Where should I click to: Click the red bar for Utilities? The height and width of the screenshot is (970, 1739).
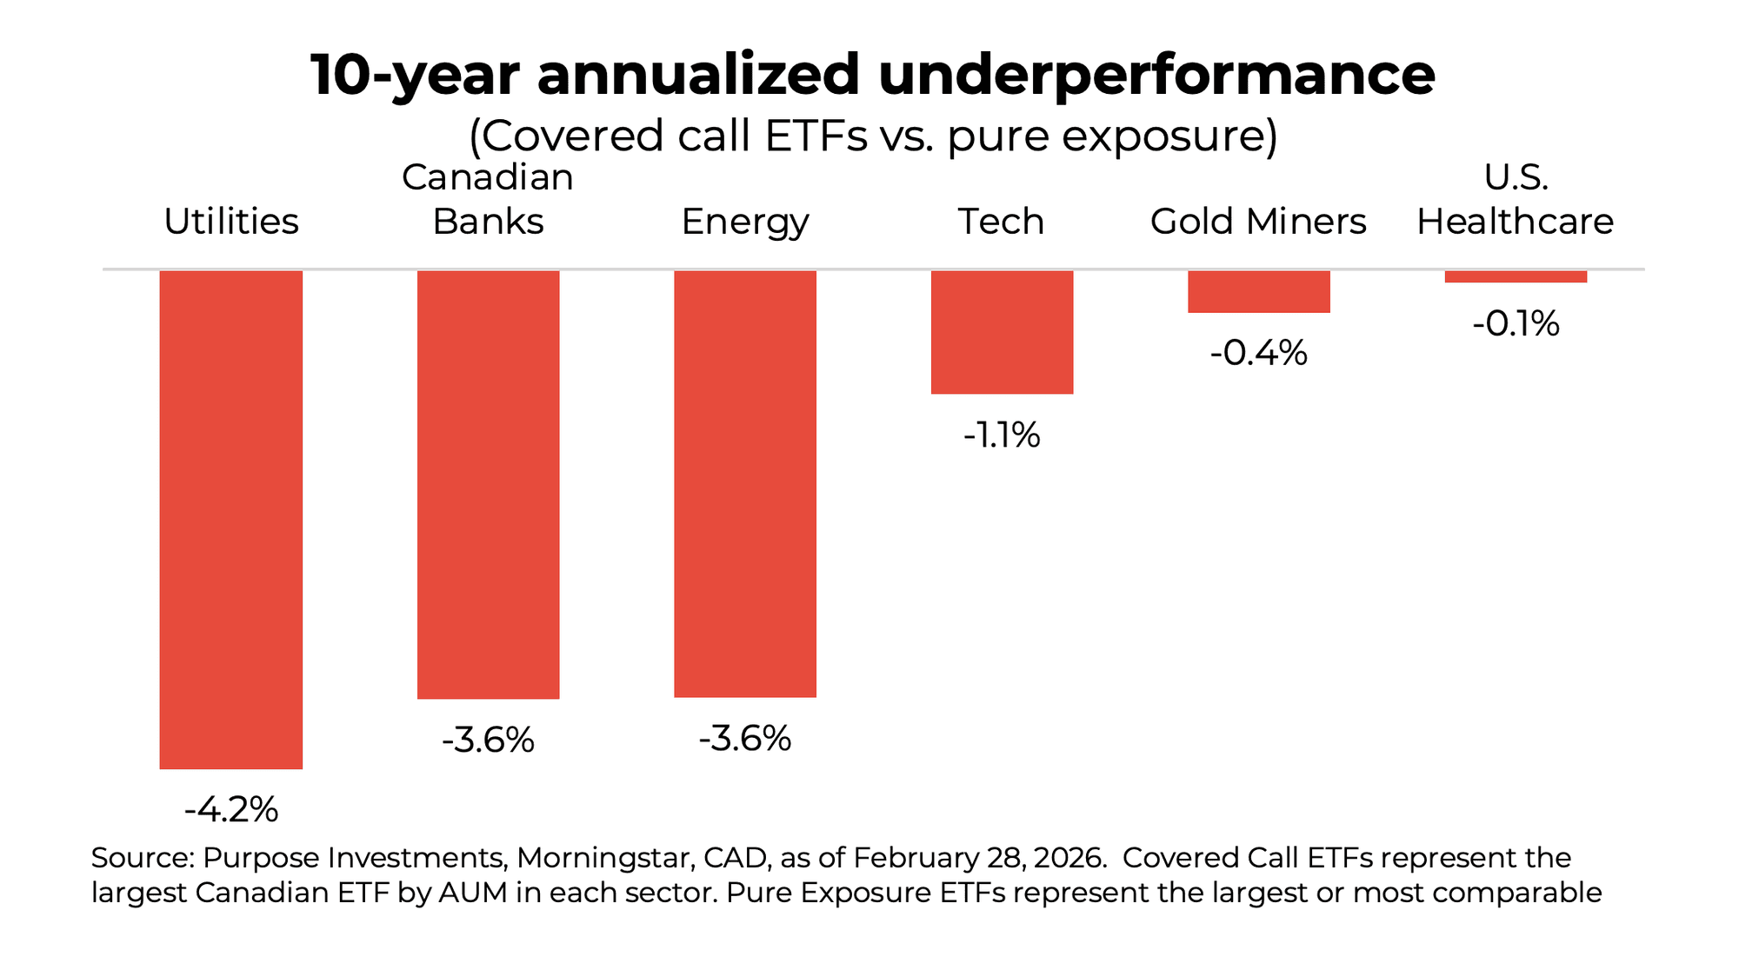click(x=230, y=519)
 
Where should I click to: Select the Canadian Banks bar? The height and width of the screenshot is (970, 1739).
click(x=488, y=484)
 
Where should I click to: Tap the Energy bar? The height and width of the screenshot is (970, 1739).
click(x=745, y=483)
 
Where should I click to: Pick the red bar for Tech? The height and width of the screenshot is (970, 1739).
click(x=1002, y=332)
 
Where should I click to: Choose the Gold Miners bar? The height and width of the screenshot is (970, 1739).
click(x=1258, y=291)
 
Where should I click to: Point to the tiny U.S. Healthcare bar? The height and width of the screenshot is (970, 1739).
click(x=1516, y=276)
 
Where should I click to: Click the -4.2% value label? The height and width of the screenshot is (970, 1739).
click(x=230, y=810)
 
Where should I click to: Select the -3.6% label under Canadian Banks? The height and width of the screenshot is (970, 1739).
click(x=488, y=741)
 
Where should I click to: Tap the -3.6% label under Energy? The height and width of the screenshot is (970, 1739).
click(x=745, y=739)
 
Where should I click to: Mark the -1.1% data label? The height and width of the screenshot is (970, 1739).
click(x=1002, y=435)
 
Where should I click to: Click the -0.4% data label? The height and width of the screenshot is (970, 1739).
click(x=1258, y=353)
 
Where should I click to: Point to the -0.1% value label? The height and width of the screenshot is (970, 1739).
click(x=1516, y=324)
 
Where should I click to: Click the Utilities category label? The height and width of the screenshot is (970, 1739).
click(x=230, y=222)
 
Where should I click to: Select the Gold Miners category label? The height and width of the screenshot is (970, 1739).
click(x=1258, y=222)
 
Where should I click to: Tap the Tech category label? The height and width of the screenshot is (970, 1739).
click(x=1001, y=222)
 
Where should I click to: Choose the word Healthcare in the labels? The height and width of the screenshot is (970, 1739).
click(x=1515, y=222)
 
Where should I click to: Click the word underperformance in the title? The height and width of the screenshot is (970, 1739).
click(x=1156, y=75)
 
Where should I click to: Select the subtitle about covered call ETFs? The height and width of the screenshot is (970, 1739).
click(x=873, y=136)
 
